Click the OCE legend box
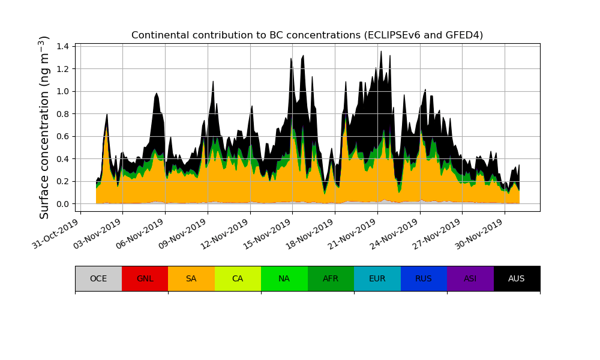coord(98,278)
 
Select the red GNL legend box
coord(145,278)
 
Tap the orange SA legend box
coord(191,278)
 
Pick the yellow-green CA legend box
coord(238,278)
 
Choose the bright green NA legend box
coord(284,278)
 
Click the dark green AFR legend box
coord(331,278)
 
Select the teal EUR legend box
coord(377,278)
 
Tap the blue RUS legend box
coord(424,278)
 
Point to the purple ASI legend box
coord(470,278)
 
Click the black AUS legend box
coord(517,278)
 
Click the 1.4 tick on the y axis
coord(63,46)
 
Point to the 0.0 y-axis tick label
coord(63,204)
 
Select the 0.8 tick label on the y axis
coord(63,114)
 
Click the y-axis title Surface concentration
coord(44,127)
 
